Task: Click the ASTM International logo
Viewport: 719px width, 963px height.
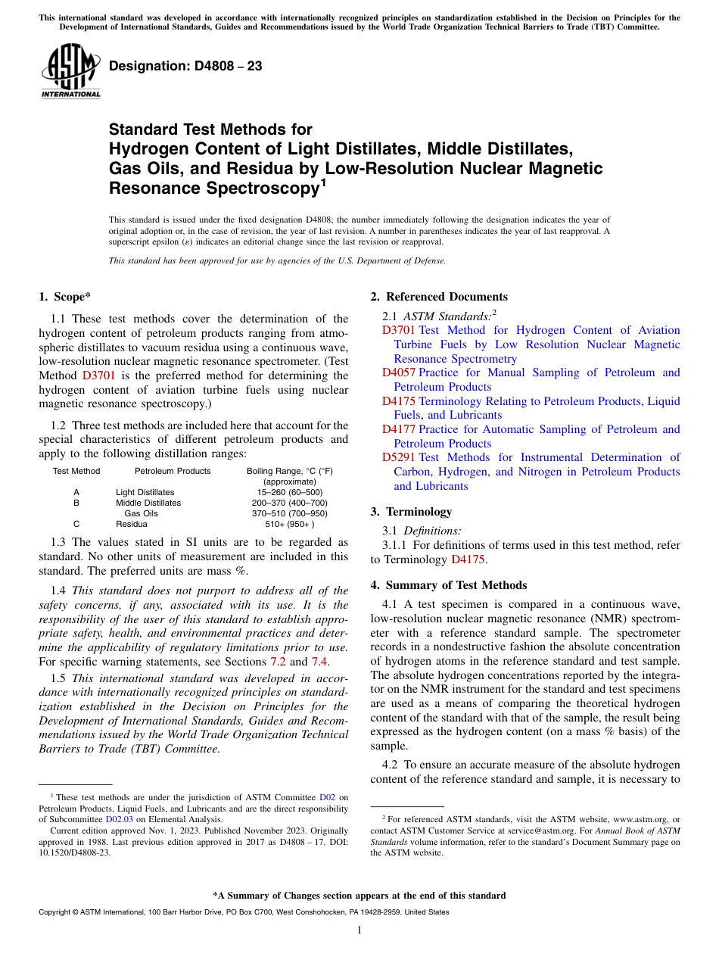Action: coord(70,71)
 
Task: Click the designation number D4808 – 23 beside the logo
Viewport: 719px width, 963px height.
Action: coord(185,67)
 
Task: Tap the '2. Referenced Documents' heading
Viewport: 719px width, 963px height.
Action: coord(439,297)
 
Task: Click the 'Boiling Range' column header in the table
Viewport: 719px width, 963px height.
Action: coord(289,471)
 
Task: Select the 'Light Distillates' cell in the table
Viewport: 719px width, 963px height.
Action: coord(145,492)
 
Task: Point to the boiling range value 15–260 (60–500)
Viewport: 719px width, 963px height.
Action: coord(289,492)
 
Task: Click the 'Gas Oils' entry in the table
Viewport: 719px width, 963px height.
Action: coord(141,513)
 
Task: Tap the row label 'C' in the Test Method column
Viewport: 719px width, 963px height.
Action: coord(76,524)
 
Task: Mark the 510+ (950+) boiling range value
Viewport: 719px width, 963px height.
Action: coord(289,524)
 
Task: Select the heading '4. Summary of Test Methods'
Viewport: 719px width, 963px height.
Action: coord(449,585)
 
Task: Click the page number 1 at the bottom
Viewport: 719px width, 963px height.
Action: coord(359,930)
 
